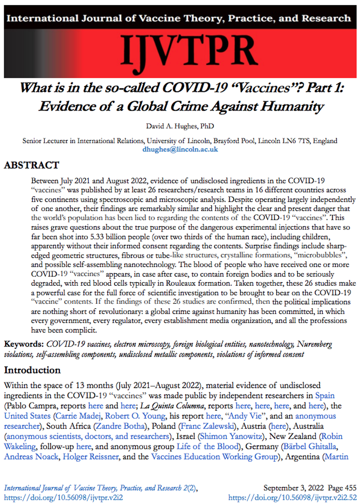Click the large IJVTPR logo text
(x=188, y=51)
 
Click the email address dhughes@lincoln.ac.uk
(x=180, y=150)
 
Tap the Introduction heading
(x=32, y=369)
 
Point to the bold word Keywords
(x=24, y=344)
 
